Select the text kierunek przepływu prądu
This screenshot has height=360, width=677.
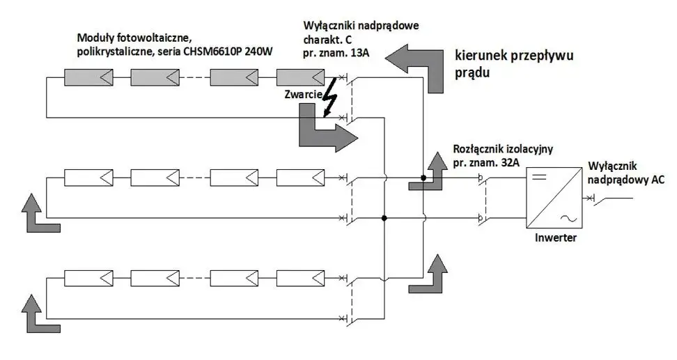coord(514,63)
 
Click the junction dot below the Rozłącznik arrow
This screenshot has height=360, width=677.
coord(423,178)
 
